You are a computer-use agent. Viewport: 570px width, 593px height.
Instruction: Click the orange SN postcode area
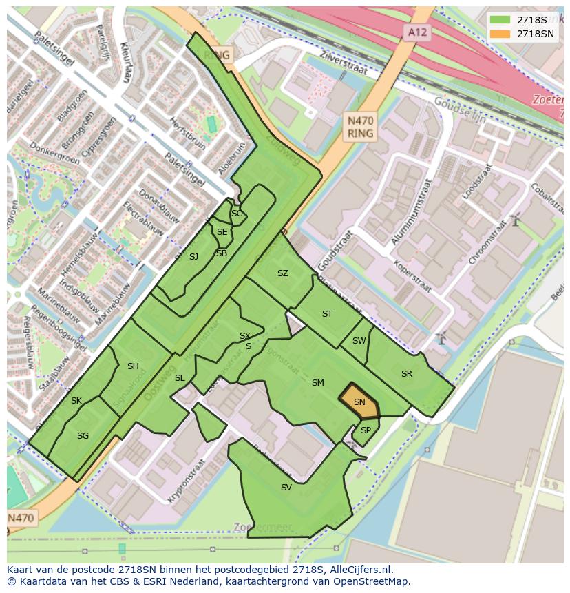(x=359, y=402)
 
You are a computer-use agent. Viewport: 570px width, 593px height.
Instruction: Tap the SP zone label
(x=366, y=430)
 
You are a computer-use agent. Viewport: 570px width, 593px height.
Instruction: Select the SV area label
(x=286, y=488)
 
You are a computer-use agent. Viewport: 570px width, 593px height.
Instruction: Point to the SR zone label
(x=407, y=374)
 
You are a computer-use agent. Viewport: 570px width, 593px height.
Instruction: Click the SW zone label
(x=359, y=341)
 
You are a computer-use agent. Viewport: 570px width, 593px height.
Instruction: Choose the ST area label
(x=327, y=314)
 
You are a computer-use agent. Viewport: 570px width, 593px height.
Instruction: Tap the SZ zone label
(x=282, y=273)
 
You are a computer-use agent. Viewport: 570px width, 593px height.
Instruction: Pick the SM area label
(x=317, y=383)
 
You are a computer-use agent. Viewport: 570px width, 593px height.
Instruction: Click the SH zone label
(x=133, y=366)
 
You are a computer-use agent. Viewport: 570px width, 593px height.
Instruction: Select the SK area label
(x=76, y=401)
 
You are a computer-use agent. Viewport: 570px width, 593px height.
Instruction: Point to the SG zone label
(x=83, y=436)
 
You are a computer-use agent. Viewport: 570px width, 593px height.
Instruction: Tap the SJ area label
(x=193, y=257)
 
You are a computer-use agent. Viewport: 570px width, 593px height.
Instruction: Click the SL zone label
(x=180, y=378)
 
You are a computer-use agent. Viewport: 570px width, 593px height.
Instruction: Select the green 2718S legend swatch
(x=500, y=20)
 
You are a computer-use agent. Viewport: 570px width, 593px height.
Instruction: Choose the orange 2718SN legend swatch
(x=500, y=34)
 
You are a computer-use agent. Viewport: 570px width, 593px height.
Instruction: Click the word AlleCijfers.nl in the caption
(x=359, y=570)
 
